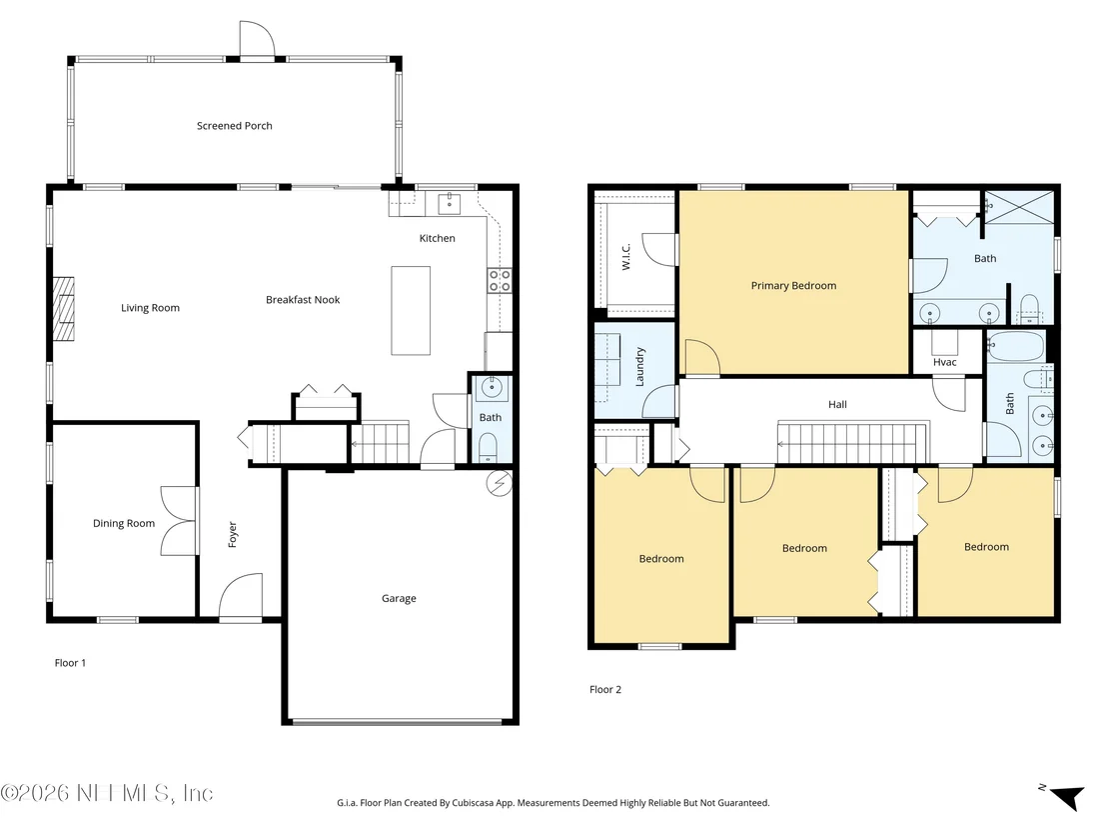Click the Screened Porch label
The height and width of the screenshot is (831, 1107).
[235, 126]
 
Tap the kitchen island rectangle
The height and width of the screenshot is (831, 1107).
[411, 310]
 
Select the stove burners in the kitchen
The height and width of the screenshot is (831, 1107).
[500, 281]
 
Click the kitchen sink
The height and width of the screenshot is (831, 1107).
[449, 204]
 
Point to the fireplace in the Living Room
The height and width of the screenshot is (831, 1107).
[64, 309]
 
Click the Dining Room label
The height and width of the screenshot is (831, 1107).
[124, 524]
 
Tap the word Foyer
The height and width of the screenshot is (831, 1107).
[232, 534]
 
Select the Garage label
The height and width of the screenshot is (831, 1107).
[399, 599]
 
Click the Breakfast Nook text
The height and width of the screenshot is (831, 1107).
[303, 300]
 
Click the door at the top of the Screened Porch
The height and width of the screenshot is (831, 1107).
[257, 39]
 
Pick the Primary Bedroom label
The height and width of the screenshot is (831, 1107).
[793, 285]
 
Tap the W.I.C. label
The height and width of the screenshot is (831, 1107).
[626, 256]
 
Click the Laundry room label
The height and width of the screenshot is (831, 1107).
[640, 366]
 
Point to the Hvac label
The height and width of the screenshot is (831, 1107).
[944, 363]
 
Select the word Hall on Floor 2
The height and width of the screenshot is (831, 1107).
[837, 404]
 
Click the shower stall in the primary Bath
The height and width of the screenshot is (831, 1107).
[1019, 207]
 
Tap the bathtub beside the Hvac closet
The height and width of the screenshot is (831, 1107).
[1016, 346]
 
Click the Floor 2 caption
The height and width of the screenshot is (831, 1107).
[605, 690]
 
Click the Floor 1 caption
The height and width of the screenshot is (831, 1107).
[70, 663]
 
